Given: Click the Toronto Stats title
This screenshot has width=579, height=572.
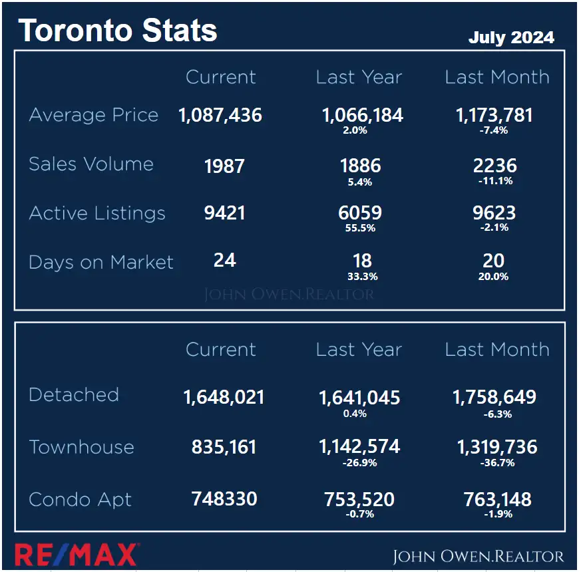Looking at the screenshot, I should point(118,31).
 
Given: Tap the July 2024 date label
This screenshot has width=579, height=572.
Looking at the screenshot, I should point(511,37).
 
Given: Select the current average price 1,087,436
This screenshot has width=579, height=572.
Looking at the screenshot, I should point(220,116).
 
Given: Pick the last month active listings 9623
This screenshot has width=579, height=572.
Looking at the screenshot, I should point(494,213).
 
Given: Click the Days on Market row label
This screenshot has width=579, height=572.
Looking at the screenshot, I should point(101,262).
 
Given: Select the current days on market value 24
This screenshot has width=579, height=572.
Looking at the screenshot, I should point(225,260).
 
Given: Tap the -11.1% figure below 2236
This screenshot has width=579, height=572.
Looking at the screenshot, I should point(495,181).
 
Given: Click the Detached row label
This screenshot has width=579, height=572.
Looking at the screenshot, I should point(74,394).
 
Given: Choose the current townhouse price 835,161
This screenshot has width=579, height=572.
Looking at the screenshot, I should point(224,447).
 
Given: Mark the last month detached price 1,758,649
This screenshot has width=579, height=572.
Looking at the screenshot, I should point(494,398).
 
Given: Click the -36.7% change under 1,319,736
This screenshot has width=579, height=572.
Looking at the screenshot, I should point(496,462).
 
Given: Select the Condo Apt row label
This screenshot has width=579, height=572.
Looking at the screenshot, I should point(81,500).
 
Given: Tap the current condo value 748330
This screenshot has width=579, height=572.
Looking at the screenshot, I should point(224,500).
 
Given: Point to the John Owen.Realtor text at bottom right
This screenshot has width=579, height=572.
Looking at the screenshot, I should point(478,556).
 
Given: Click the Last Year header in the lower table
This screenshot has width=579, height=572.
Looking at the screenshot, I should point(359,350).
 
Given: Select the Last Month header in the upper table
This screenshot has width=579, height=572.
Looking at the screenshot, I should point(497,77).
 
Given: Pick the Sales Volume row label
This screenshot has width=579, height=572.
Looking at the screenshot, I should point(91,164).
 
